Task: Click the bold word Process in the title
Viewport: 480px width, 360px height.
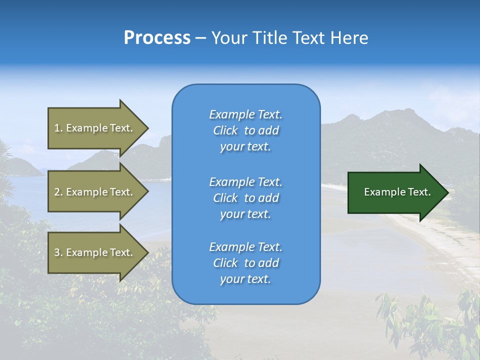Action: tap(157, 38)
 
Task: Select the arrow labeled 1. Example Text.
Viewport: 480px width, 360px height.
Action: tap(95, 128)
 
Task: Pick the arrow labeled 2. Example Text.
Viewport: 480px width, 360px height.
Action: tap(95, 192)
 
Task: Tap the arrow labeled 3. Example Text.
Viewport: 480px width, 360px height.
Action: tap(95, 252)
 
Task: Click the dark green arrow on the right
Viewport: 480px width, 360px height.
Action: tap(395, 192)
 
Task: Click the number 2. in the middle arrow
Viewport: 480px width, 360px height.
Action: tap(58, 192)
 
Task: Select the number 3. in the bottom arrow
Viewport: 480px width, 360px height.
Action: tap(58, 252)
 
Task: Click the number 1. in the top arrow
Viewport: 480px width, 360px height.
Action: tap(58, 128)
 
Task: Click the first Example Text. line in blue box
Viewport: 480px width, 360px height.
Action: tap(245, 114)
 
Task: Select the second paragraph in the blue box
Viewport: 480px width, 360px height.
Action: tap(245, 198)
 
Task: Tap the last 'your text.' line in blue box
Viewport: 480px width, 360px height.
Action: tap(245, 279)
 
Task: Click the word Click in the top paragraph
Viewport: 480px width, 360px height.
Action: tap(225, 130)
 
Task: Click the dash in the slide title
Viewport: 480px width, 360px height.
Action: tap(200, 38)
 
